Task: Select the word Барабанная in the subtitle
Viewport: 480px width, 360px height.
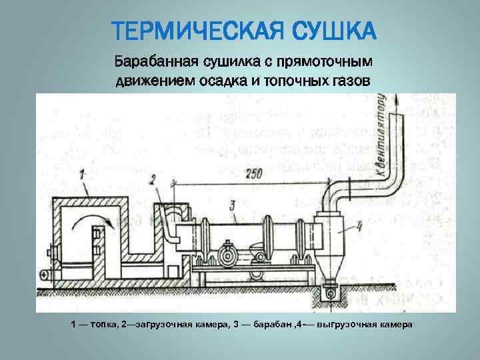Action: (155, 62)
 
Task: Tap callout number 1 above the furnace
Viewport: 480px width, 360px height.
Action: (82, 175)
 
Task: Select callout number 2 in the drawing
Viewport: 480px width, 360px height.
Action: (152, 179)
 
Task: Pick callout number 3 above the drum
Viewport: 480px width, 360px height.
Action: (231, 205)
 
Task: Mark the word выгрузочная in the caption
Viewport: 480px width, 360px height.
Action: (345, 325)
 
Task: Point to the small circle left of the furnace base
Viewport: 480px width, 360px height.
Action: (44, 273)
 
